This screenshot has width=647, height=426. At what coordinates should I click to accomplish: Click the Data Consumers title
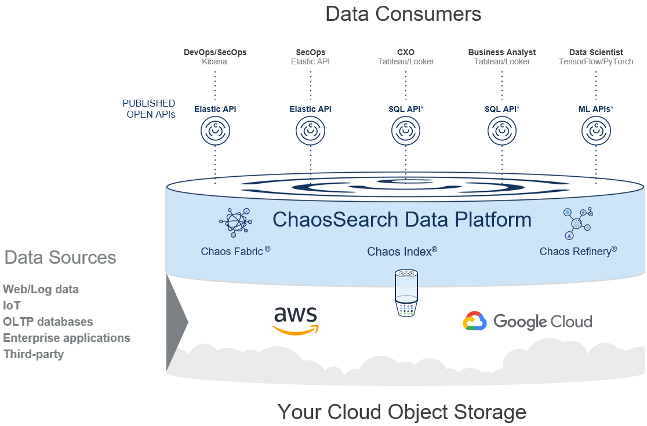point(403,14)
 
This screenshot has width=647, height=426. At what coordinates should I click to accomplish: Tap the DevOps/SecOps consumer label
point(215,52)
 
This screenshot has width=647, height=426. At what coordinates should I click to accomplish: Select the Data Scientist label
point(596,52)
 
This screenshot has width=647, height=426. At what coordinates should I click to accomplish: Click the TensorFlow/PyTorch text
point(596,61)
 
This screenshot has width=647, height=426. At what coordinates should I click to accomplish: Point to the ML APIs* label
point(596,108)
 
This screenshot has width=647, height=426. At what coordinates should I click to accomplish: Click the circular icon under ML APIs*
point(597,132)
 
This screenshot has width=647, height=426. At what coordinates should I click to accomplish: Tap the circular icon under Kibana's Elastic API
point(215,132)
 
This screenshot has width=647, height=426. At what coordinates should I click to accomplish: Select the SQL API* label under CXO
point(406,108)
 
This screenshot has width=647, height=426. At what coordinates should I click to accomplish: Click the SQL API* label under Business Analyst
point(502,108)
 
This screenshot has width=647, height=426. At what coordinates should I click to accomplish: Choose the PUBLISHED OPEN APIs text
point(149,109)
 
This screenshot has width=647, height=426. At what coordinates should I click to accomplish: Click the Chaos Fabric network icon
point(235,223)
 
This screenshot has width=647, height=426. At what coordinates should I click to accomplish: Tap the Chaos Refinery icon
point(577,223)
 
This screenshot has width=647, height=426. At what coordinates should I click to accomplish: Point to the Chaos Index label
point(402,252)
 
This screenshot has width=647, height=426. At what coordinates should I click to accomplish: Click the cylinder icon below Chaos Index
point(406,292)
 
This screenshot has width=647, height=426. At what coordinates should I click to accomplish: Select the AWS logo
point(296,321)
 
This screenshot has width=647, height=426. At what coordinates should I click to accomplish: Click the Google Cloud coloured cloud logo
point(474,321)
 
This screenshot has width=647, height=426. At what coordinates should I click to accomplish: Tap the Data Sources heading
point(60,257)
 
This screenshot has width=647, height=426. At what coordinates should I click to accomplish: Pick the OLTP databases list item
point(48,321)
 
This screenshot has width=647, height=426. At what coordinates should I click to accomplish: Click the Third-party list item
point(34,354)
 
